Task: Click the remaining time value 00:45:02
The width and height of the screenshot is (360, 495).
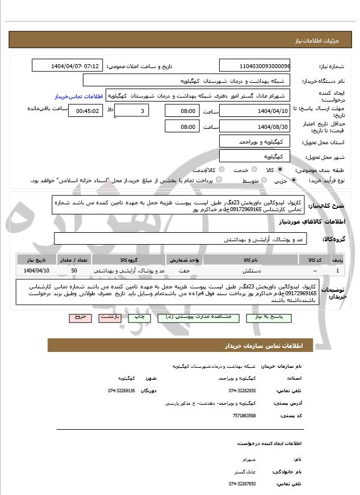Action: (x=85, y=111)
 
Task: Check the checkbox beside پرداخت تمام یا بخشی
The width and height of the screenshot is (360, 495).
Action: (x=219, y=180)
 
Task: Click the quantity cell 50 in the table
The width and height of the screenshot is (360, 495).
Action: (x=74, y=271)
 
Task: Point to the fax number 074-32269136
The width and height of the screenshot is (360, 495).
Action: (x=122, y=391)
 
